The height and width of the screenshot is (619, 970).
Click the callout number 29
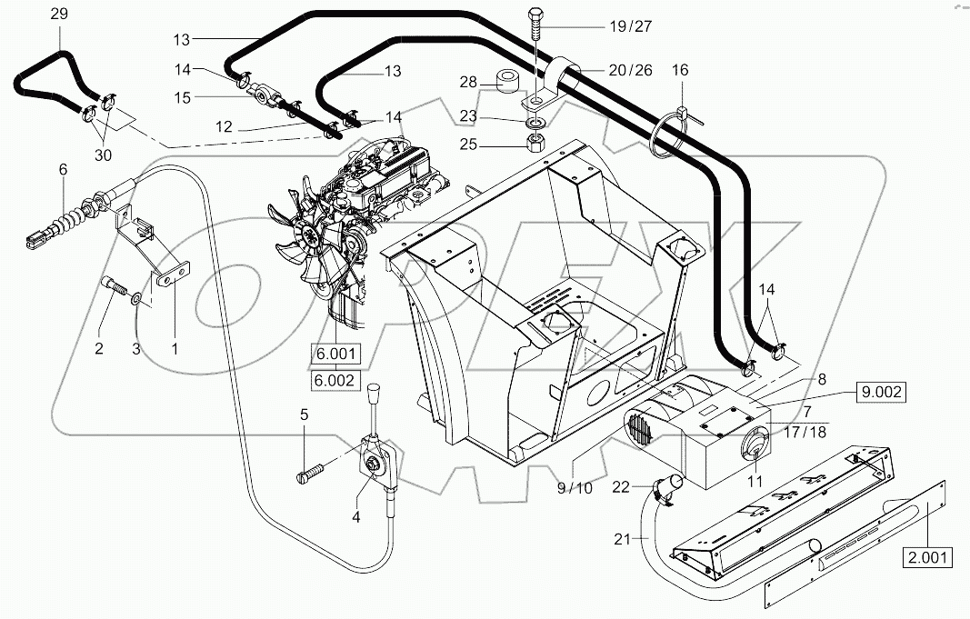point(58,14)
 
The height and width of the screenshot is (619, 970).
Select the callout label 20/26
point(630,70)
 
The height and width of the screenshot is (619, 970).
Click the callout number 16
point(680,70)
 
